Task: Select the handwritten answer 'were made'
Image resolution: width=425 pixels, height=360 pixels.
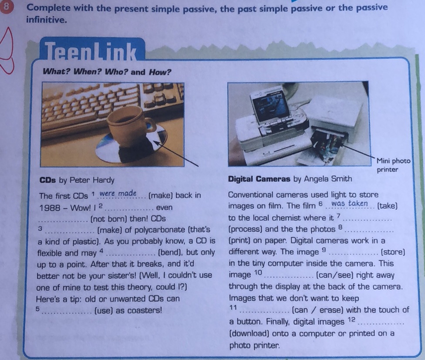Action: click(118, 194)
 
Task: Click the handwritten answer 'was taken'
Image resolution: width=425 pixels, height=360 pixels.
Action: click(350, 204)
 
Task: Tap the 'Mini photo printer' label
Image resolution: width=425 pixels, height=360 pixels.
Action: click(393, 165)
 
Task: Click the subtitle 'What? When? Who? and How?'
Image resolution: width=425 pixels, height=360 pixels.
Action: click(107, 72)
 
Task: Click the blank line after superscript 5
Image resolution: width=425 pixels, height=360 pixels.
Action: click(67, 311)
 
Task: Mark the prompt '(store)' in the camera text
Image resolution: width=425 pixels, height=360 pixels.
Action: click(393, 252)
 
